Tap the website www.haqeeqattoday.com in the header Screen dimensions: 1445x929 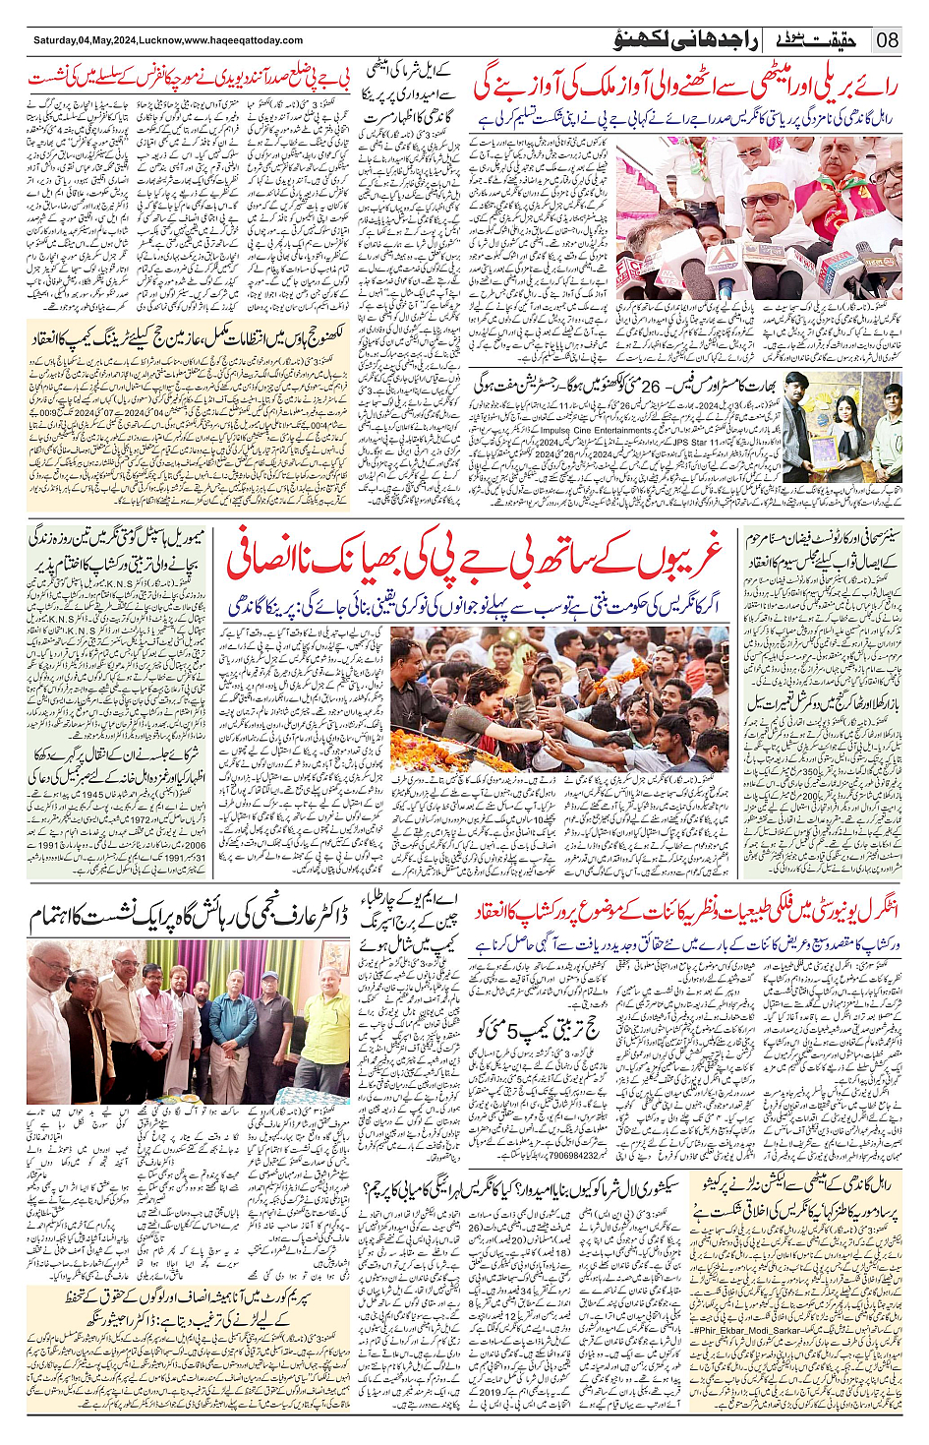(243, 40)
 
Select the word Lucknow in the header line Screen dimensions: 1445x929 (160, 40)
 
